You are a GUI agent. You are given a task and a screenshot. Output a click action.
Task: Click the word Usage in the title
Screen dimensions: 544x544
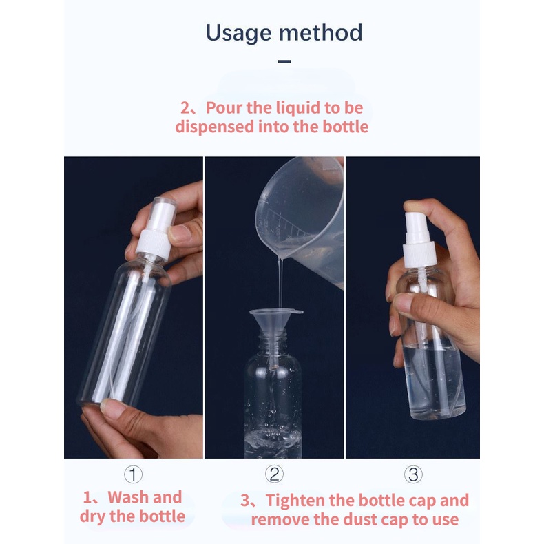(239, 34)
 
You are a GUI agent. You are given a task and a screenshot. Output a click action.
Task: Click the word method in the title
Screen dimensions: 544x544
(321, 32)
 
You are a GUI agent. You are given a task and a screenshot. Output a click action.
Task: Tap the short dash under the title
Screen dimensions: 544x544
(284, 61)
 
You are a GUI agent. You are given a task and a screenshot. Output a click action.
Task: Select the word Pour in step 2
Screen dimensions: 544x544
(224, 107)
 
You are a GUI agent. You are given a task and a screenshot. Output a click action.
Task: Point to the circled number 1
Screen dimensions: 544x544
(133, 474)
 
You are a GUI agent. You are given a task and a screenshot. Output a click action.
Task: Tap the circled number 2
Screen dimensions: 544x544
(274, 474)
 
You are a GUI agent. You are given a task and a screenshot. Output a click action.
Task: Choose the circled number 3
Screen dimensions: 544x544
(413, 474)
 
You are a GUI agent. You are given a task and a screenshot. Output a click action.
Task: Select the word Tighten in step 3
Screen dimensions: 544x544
(295, 501)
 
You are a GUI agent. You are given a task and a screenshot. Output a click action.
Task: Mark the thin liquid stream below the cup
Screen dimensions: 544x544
(280, 284)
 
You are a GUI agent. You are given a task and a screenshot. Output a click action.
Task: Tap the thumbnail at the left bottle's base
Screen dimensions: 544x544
(110, 406)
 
